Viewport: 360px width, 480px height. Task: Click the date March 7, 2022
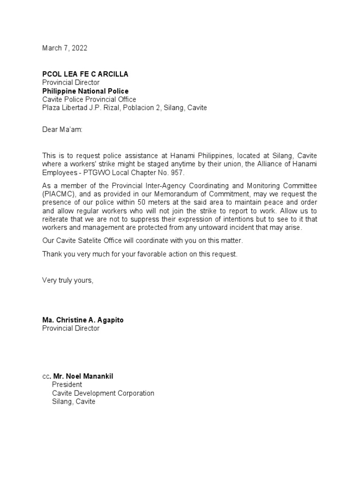[x=65, y=48]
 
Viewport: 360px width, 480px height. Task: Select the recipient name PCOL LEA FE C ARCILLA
[x=85, y=74]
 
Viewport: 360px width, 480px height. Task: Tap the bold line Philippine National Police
[x=85, y=91]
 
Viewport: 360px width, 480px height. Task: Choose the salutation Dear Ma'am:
[x=62, y=129]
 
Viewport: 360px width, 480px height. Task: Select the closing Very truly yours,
[x=68, y=280]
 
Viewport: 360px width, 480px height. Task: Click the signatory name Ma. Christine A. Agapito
[x=83, y=320]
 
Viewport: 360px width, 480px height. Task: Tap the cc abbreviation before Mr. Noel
[x=45, y=376]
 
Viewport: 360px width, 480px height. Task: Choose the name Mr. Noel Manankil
[x=83, y=376]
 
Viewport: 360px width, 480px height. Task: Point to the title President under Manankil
[x=67, y=385]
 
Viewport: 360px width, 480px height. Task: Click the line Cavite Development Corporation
[x=103, y=393]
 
